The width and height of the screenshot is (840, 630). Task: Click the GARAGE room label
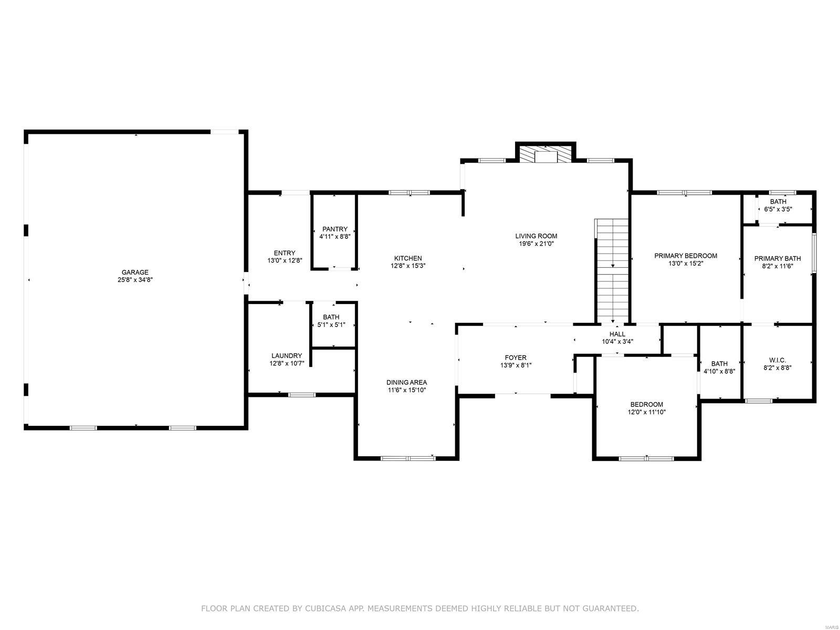135,272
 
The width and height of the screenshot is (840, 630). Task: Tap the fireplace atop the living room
545,155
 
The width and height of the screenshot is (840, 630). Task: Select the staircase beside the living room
612,270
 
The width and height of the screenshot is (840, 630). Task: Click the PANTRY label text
334,229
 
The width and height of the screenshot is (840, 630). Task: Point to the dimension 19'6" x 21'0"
535,244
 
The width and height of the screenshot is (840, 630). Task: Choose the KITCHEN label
408,258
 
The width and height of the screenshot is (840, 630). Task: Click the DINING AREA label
407,382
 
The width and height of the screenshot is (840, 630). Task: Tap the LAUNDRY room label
286,355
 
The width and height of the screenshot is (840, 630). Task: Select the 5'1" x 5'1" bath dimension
331,325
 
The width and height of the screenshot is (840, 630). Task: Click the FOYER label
516,358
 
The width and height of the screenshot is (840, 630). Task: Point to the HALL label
617,334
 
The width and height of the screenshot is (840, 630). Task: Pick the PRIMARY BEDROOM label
685,256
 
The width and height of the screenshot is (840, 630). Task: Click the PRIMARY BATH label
778,258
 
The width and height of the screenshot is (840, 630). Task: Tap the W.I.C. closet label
777,360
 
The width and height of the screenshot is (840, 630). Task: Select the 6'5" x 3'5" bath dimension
778,209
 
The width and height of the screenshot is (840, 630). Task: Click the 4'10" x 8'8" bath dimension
719,371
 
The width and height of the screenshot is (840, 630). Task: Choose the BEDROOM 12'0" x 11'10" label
646,404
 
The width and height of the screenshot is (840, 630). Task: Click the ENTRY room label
285,253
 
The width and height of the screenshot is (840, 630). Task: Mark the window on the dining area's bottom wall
408,458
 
